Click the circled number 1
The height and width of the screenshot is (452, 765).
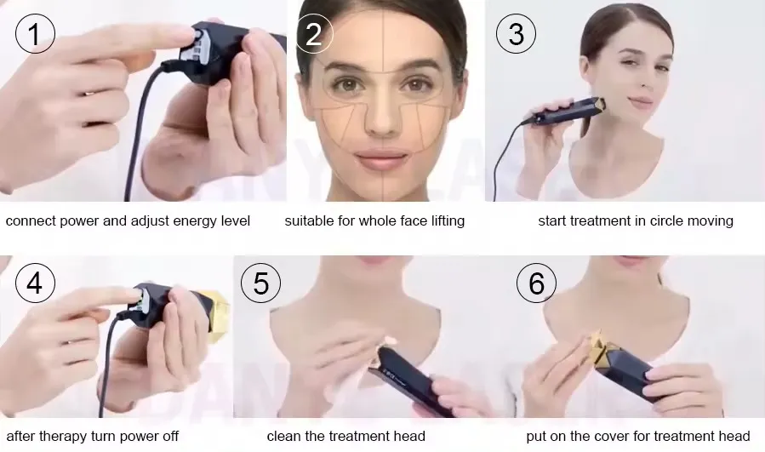coord(35,33)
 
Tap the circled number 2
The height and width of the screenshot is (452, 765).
coord(314,33)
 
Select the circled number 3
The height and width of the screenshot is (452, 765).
coord(516,33)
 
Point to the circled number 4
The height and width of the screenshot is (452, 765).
coord(35,283)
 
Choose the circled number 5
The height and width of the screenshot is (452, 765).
coord(261,283)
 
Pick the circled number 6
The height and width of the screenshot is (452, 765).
coord(536,283)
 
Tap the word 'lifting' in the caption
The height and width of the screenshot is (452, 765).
coord(448,221)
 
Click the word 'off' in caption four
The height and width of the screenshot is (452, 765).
coord(170,436)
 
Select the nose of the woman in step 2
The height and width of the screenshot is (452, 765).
coord(381,117)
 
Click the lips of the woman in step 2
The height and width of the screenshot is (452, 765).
coord(381,160)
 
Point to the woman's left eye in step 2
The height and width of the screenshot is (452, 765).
coord(417,85)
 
